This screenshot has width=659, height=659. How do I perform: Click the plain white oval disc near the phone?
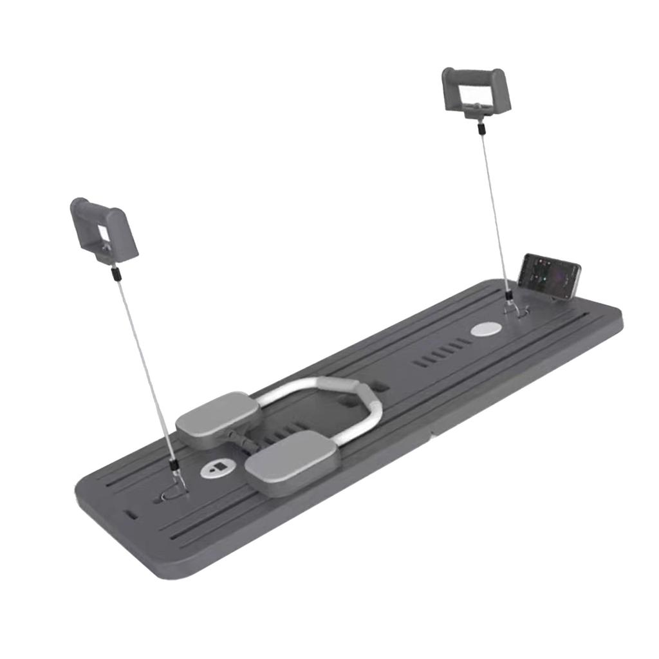pos(485,329)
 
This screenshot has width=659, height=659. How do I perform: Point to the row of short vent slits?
pos(438,356)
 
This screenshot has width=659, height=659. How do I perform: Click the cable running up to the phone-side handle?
pos(492,206)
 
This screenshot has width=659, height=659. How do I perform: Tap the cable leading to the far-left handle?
pos(145,360)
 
